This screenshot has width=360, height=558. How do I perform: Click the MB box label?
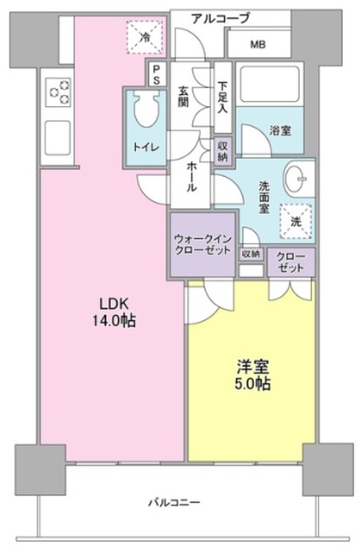258,44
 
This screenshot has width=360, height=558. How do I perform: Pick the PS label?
156,74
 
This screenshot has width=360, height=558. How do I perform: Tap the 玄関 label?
185,97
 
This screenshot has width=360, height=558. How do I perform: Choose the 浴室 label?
279,130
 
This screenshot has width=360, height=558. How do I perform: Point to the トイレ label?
144,146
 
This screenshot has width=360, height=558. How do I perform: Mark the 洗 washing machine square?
295,222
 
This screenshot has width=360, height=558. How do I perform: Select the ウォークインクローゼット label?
202,244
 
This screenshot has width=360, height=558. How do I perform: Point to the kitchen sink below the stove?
58,136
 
